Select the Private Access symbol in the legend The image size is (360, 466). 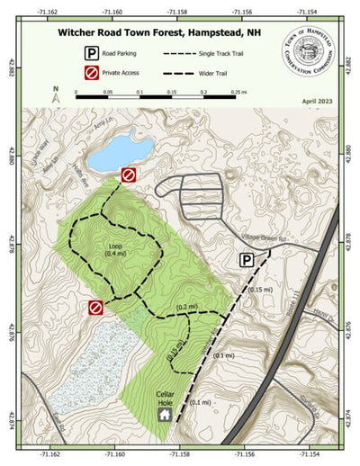(91, 72)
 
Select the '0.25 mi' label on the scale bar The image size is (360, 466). (238, 92)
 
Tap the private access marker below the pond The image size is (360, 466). (129, 175)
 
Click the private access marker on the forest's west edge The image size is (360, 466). (95, 308)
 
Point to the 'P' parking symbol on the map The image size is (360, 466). (246, 260)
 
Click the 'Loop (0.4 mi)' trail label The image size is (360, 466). (116, 248)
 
